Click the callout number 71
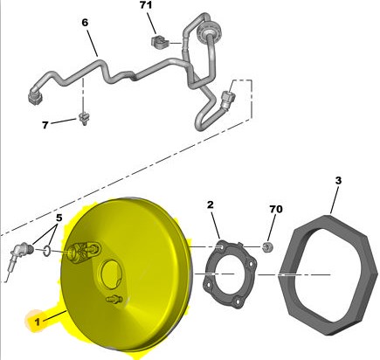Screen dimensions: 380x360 tap(146, 5)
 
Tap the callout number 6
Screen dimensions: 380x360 tap(85, 23)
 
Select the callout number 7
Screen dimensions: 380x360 tap(45, 125)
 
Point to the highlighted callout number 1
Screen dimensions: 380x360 tap(37, 322)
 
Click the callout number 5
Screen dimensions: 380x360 tap(59, 218)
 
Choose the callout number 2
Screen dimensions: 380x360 tap(211, 204)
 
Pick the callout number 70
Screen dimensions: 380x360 tap(276, 209)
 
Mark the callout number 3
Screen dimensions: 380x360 tap(338, 181)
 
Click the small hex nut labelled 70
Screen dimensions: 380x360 tap(267, 247)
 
